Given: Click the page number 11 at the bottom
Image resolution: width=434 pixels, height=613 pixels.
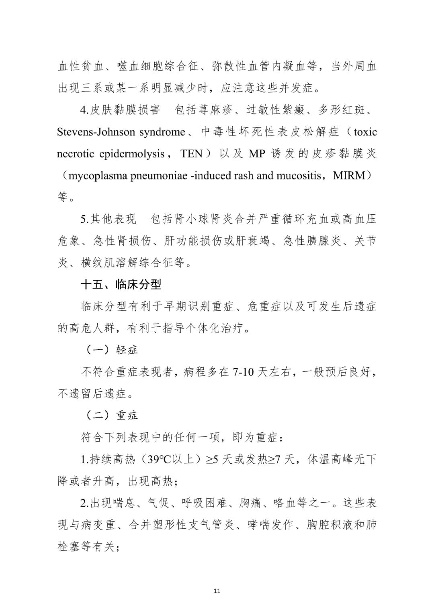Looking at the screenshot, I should (217, 591).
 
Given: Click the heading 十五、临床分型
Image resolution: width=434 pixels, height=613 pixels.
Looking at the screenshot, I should (121, 285).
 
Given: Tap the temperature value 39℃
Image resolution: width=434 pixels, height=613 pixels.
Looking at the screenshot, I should (159, 459).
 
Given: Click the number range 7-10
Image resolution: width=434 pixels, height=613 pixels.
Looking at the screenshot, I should (243, 372).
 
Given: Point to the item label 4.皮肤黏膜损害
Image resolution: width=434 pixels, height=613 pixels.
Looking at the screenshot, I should (120, 110).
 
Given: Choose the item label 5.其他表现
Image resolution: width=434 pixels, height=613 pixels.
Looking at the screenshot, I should (108, 219).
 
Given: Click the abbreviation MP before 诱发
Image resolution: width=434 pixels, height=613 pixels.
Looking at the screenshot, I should (257, 154).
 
